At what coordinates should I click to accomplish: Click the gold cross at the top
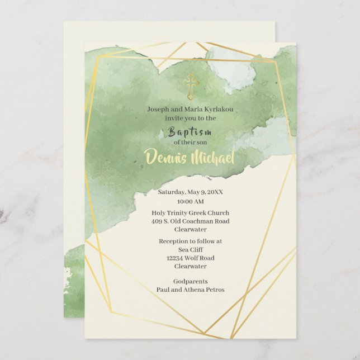pyautogui.click(x=191, y=87)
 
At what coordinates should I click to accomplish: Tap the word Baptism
pyautogui.click(x=190, y=132)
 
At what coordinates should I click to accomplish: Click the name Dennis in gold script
pyautogui.click(x=165, y=157)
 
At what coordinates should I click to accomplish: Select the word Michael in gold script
pyautogui.click(x=213, y=157)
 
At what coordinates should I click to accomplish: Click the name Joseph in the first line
pyautogui.click(x=159, y=110)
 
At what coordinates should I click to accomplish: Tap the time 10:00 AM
pyautogui.click(x=190, y=201)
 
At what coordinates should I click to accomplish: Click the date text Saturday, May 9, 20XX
pyautogui.click(x=190, y=192)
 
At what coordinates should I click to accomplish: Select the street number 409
pyautogui.click(x=157, y=221)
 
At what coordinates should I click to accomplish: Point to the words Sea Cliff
pyautogui.click(x=190, y=250)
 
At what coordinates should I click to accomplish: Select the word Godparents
pyautogui.click(x=190, y=281)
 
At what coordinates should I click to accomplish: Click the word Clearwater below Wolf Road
pyautogui.click(x=190, y=267)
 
